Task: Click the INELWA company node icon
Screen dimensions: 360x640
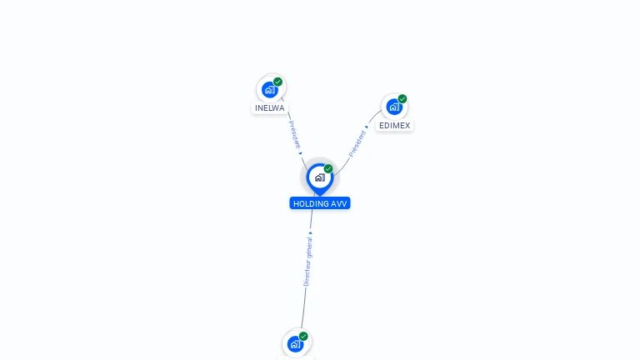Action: [x=269, y=89]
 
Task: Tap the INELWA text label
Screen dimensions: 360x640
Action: [x=269, y=108]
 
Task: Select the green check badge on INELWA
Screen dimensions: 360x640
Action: [x=277, y=82]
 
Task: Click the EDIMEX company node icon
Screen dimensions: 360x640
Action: [x=393, y=107]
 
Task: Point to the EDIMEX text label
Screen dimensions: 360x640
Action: [x=394, y=126]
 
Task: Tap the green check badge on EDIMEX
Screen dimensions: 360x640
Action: [x=402, y=99]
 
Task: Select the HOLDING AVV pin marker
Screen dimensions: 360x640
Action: [x=319, y=177]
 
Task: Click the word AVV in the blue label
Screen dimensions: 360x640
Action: [x=340, y=203]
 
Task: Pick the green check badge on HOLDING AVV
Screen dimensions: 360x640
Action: [x=328, y=169]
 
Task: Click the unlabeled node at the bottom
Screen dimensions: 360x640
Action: [x=294, y=343]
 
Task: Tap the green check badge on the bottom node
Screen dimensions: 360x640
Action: [x=303, y=337]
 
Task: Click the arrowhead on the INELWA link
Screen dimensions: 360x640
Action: [x=300, y=152]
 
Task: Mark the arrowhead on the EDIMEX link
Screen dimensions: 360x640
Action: [x=367, y=127]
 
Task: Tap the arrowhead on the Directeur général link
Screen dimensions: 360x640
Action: [x=311, y=233]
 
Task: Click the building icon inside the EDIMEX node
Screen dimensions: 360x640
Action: [x=393, y=107]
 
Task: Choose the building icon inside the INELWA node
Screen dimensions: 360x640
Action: [x=269, y=90]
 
